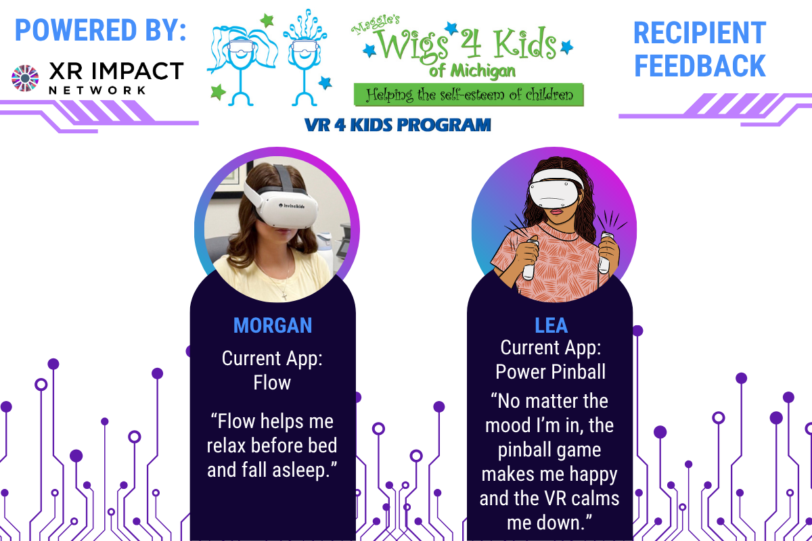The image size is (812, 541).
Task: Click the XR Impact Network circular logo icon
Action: [25, 78]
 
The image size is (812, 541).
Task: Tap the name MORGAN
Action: [273, 325]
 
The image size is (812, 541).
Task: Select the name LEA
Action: [551, 325]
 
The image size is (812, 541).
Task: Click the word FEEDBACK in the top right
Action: [700, 66]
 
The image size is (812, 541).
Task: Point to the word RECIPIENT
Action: [700, 33]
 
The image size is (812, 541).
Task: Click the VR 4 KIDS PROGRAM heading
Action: [398, 125]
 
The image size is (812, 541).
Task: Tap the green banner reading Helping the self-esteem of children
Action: [469, 95]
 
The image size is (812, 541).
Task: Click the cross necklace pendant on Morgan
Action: [285, 296]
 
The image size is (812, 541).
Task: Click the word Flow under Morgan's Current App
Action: [272, 383]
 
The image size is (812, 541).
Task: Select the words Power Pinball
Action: [551, 372]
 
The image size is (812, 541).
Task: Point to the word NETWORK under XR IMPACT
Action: [97, 90]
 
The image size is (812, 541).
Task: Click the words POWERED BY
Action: [100, 30]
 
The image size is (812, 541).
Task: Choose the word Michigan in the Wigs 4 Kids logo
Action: [483, 72]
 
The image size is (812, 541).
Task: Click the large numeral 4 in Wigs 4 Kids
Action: [470, 44]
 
